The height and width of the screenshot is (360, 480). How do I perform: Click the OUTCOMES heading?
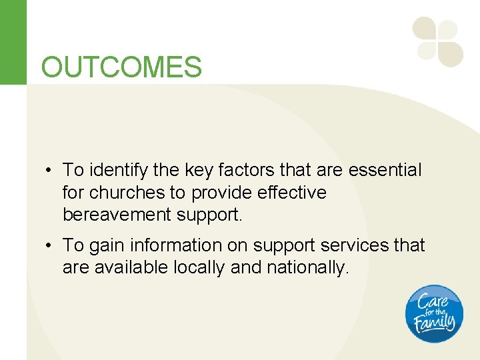[121, 67]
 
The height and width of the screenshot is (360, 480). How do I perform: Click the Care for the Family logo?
[434, 313]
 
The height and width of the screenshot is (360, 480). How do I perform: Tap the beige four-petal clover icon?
[437, 42]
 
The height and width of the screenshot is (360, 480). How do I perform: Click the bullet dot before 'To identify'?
[50, 171]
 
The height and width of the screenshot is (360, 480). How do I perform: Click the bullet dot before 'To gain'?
[50, 246]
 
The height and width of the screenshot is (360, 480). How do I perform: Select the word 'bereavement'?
[117, 215]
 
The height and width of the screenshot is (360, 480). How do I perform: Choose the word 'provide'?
[218, 193]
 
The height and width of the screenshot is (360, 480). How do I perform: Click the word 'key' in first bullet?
[189, 171]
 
